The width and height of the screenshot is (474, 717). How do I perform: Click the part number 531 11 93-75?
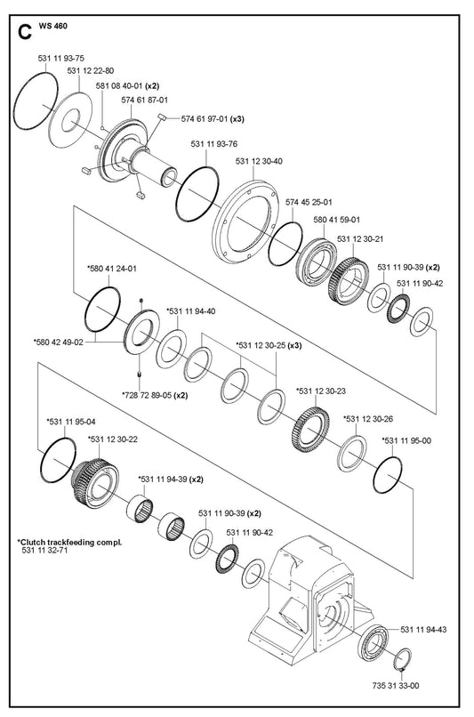click(60, 59)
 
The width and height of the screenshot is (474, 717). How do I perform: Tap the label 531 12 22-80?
click(91, 71)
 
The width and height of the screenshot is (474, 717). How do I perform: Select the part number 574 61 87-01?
click(144, 100)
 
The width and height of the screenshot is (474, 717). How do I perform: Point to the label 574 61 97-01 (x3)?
click(213, 119)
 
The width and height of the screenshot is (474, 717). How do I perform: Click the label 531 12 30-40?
click(259, 161)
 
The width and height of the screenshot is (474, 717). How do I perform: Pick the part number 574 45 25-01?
click(309, 202)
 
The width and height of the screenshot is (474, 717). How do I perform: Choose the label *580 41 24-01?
click(112, 269)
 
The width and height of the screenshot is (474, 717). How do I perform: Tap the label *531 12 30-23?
click(321, 391)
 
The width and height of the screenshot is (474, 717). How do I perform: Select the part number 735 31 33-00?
click(396, 686)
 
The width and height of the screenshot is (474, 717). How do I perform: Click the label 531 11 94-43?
click(423, 630)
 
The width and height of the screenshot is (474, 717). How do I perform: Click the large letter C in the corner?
click(25, 32)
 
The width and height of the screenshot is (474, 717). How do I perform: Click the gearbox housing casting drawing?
click(310, 599)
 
